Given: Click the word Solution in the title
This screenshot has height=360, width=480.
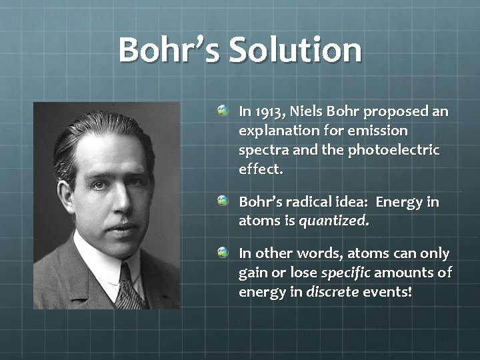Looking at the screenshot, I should (x=295, y=51).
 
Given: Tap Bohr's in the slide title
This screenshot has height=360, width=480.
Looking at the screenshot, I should (x=169, y=51).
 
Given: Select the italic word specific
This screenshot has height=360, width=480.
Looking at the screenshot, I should (x=346, y=273).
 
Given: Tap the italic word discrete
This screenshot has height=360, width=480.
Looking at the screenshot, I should (x=332, y=292).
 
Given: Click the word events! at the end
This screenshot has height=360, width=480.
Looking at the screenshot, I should (x=387, y=292).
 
